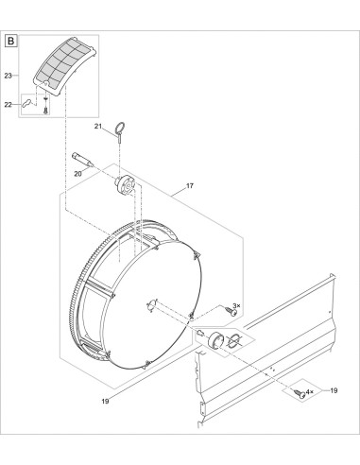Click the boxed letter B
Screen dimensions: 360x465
[x=11, y=41]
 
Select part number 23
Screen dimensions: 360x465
[x=9, y=76]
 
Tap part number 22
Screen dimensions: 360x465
[x=9, y=105]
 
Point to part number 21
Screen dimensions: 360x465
[x=98, y=127]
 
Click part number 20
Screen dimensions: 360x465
[x=77, y=174]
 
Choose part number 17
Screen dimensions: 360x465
[x=190, y=186]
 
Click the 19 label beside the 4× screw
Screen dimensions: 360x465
[x=334, y=390]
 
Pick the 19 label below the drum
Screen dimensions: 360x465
[x=105, y=401]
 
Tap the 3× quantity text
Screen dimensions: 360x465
[x=236, y=305]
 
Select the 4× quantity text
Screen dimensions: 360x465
[x=310, y=391]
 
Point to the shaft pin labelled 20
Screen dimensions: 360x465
[x=82, y=160]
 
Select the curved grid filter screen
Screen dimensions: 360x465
[x=64, y=67]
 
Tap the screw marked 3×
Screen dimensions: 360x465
[x=231, y=311]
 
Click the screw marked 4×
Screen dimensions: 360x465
[x=300, y=393]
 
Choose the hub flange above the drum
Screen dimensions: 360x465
[x=125, y=185]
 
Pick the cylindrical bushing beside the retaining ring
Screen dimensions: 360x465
[x=215, y=340]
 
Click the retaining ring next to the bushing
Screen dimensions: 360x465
[x=234, y=341]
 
